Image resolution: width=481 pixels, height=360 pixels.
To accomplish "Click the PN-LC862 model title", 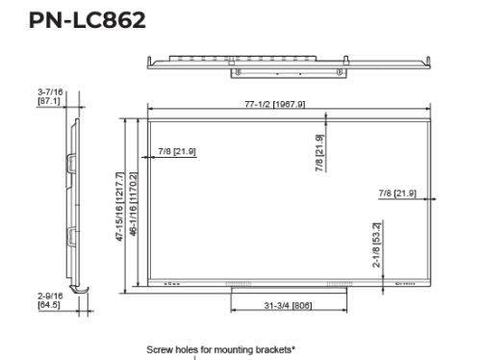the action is pos(88,20).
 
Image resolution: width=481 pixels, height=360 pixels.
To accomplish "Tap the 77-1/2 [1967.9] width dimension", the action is pos(275,104).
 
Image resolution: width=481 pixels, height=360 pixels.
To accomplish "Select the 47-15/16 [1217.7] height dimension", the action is pos(119,207).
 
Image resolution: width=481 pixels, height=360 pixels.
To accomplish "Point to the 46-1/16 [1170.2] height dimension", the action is pos(134,204).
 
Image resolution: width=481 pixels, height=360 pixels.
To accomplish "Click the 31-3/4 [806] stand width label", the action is pos(288,305).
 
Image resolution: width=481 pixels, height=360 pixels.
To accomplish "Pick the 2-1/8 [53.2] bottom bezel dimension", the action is pos(376,244).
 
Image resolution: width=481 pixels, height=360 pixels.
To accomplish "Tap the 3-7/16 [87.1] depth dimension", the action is pos(50,96).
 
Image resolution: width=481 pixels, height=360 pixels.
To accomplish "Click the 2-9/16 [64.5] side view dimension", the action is pos(50,300).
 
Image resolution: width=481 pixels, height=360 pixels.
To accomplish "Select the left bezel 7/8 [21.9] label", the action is pos(177,151).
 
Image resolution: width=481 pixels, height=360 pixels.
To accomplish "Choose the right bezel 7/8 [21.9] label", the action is pos(397,193).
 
